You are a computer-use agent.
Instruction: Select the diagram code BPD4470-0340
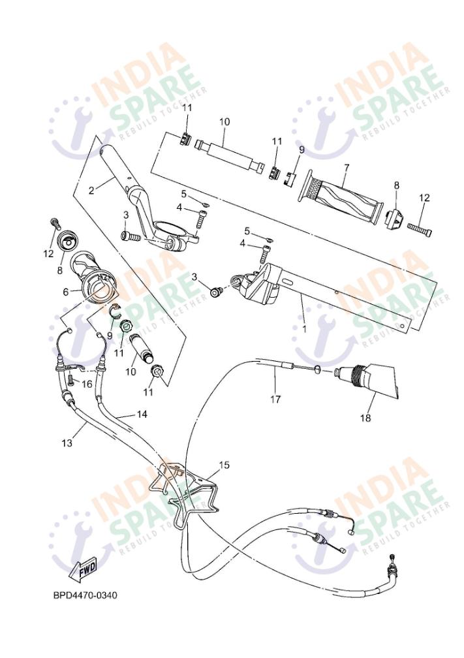pyautogui.click(x=85, y=595)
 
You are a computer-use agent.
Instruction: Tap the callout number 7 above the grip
pyautogui.click(x=346, y=167)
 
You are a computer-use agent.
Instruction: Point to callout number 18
pyautogui.click(x=365, y=418)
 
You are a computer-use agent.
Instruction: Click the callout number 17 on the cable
pyautogui.click(x=275, y=399)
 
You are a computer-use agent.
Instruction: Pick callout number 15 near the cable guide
pyautogui.click(x=224, y=465)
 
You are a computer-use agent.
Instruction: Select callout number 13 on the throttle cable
pyautogui.click(x=67, y=443)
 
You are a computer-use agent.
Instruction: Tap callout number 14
pyautogui.click(x=142, y=415)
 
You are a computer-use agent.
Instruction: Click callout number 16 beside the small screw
pyautogui.click(x=86, y=384)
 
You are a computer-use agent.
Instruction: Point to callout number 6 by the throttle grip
pyautogui.click(x=65, y=292)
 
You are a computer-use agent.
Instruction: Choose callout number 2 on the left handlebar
pyautogui.click(x=91, y=190)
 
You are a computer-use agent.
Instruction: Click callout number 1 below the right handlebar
pyautogui.click(x=305, y=330)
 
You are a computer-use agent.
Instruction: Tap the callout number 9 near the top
pyautogui.click(x=302, y=150)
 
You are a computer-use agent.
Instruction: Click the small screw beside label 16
pyautogui.click(x=70, y=381)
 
